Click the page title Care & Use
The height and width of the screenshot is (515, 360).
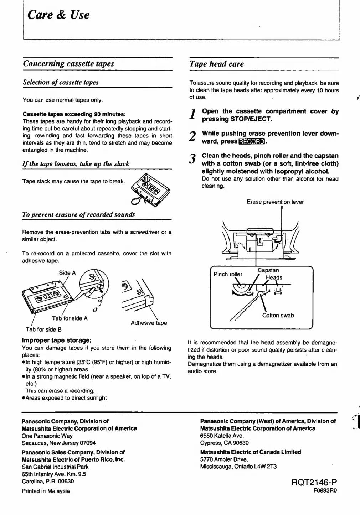58,15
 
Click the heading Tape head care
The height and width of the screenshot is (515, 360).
217,64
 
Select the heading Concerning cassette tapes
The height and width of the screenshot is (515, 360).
68,64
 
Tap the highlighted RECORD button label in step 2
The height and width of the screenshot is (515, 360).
252,142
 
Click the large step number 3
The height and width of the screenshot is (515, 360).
193,158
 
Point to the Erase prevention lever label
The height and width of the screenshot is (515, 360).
275,202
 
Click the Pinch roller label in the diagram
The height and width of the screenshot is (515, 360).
227,274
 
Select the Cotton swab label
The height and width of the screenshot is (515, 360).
278,315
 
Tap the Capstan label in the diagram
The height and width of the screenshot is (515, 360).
268,270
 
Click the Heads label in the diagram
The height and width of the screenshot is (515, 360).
274,277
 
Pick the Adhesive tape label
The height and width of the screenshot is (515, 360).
149,323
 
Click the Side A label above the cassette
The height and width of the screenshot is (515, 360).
67,273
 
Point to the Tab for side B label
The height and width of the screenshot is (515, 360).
43,329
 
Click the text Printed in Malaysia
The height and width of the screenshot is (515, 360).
46,491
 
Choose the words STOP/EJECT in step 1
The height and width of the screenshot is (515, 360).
251,119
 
